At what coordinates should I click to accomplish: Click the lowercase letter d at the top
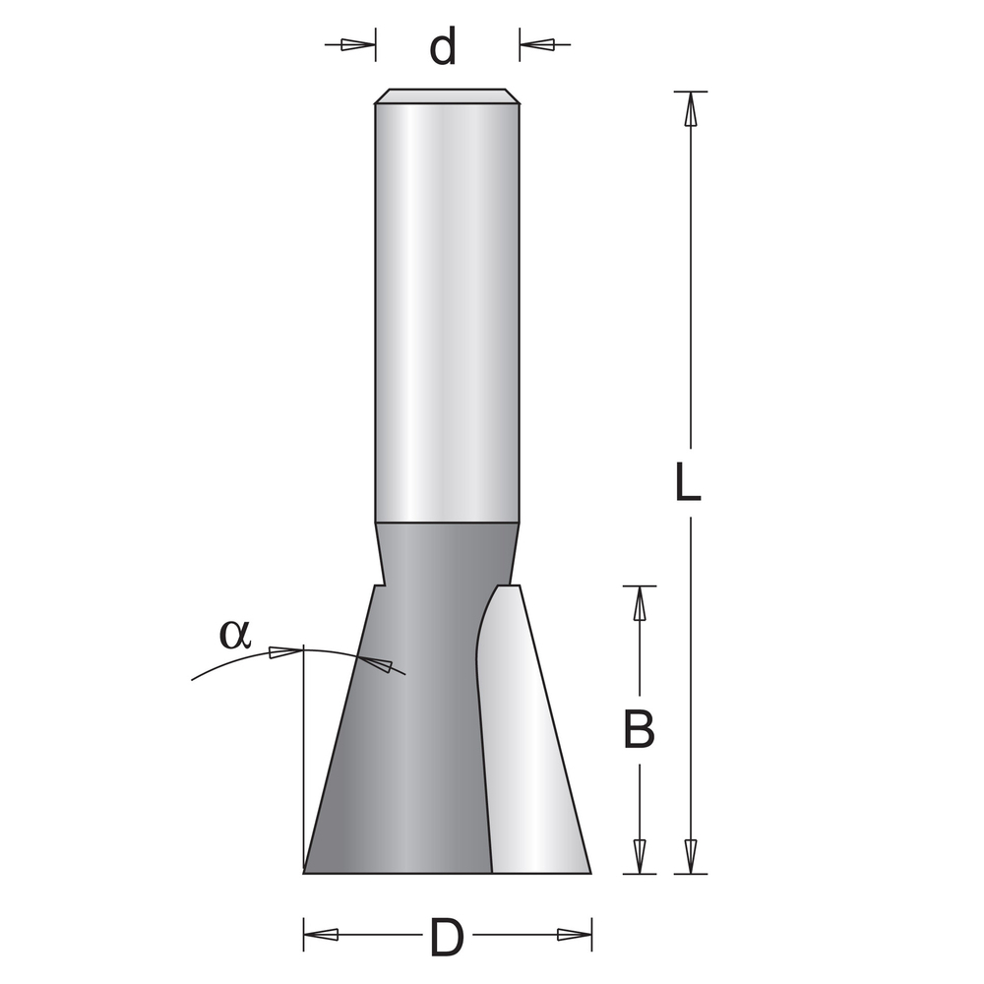pos(444,46)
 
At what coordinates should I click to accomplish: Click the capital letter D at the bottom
pos(447,937)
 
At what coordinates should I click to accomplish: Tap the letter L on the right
pos(688,483)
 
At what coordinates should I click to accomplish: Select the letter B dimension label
pos(640,730)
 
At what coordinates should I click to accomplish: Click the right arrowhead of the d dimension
pos(537,44)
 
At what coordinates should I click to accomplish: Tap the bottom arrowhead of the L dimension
pos(690,855)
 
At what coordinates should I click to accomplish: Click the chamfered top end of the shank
pos(447,96)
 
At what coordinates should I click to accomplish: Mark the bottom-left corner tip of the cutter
pos(305,871)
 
